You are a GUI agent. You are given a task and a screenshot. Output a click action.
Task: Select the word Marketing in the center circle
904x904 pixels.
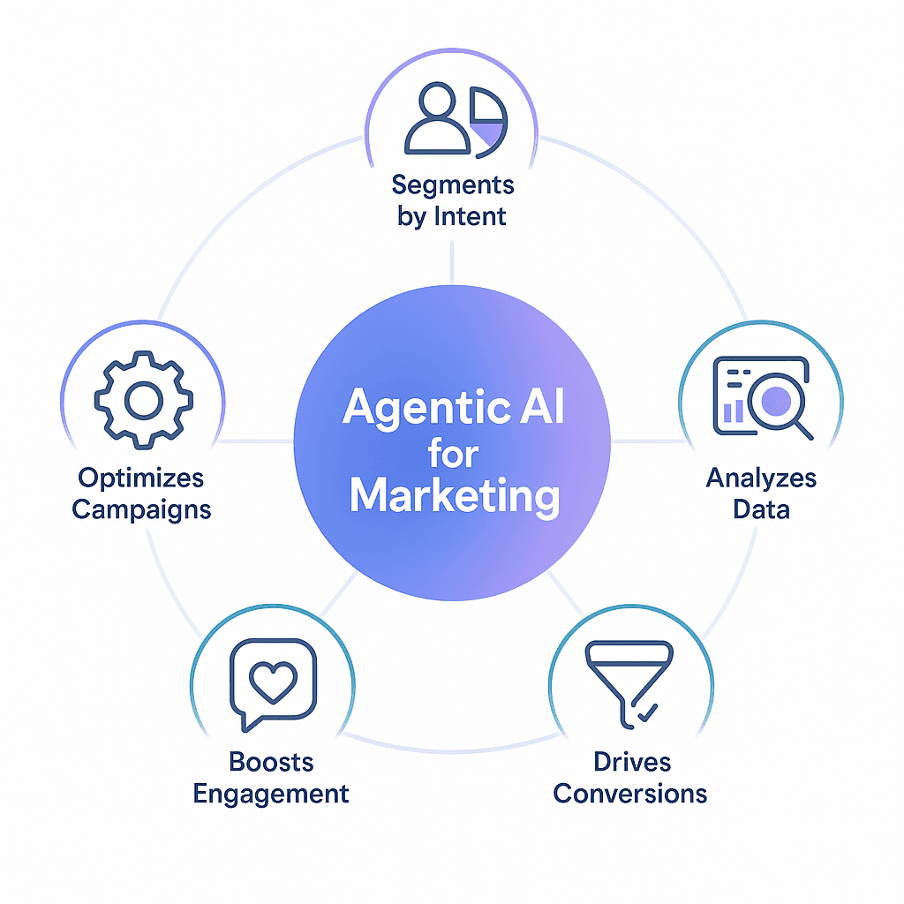click(454, 496)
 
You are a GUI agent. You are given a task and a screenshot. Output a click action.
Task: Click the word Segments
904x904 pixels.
click(453, 185)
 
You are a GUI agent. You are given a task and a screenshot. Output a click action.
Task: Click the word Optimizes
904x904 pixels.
click(141, 478)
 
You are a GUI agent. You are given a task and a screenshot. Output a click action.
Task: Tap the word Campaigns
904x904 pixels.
click(141, 509)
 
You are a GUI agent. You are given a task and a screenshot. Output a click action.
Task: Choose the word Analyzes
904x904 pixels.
click(761, 478)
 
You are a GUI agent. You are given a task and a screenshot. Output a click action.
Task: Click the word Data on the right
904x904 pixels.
click(761, 509)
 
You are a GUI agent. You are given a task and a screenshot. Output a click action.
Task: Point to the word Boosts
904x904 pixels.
click(271, 762)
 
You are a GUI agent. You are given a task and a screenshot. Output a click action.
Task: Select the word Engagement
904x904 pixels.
click(271, 793)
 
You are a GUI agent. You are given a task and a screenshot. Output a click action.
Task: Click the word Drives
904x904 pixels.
click(632, 762)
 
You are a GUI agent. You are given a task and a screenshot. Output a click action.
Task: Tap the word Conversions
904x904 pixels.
click(630, 793)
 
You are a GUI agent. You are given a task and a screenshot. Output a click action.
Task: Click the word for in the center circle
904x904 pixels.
click(453, 454)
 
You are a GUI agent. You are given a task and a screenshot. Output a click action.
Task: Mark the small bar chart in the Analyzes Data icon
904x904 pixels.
click(733, 411)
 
